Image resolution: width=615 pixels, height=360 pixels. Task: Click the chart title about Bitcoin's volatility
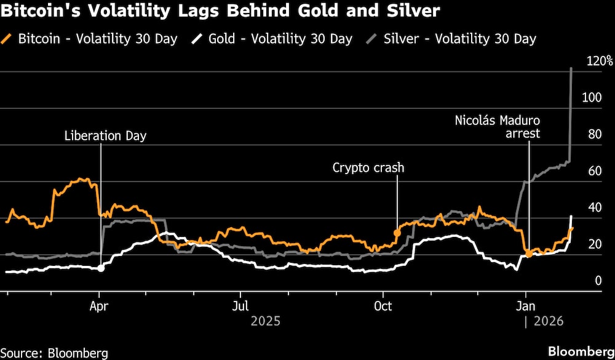[220, 12]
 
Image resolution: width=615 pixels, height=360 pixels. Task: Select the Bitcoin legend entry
[90, 39]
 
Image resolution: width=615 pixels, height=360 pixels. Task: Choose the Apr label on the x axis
[99, 306]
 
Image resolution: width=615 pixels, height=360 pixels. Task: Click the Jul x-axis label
[241, 306]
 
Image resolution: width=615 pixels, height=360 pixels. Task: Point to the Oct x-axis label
[383, 306]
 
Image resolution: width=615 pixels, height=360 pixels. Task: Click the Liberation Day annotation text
[106, 136]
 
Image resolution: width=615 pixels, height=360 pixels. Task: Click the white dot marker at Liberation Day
[101, 268]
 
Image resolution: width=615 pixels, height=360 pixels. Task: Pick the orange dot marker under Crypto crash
[397, 234]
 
